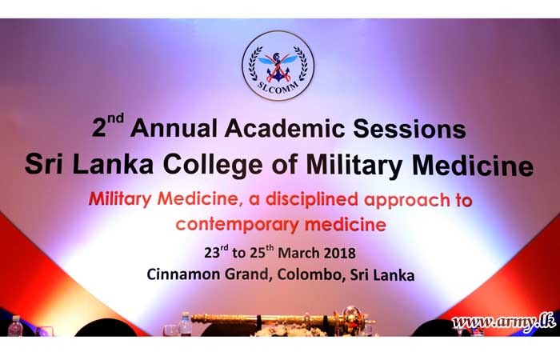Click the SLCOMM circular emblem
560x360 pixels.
click(278, 66)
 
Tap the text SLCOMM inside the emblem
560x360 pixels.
click(278, 86)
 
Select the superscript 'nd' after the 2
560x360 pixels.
click(115, 119)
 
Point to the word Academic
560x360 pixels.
click(285, 128)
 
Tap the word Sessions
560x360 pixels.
click(410, 129)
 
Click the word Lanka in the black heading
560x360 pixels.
click(113, 164)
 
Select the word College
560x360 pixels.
click(213, 166)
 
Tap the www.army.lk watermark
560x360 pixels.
click(503, 322)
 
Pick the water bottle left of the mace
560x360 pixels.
click(186, 324)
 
